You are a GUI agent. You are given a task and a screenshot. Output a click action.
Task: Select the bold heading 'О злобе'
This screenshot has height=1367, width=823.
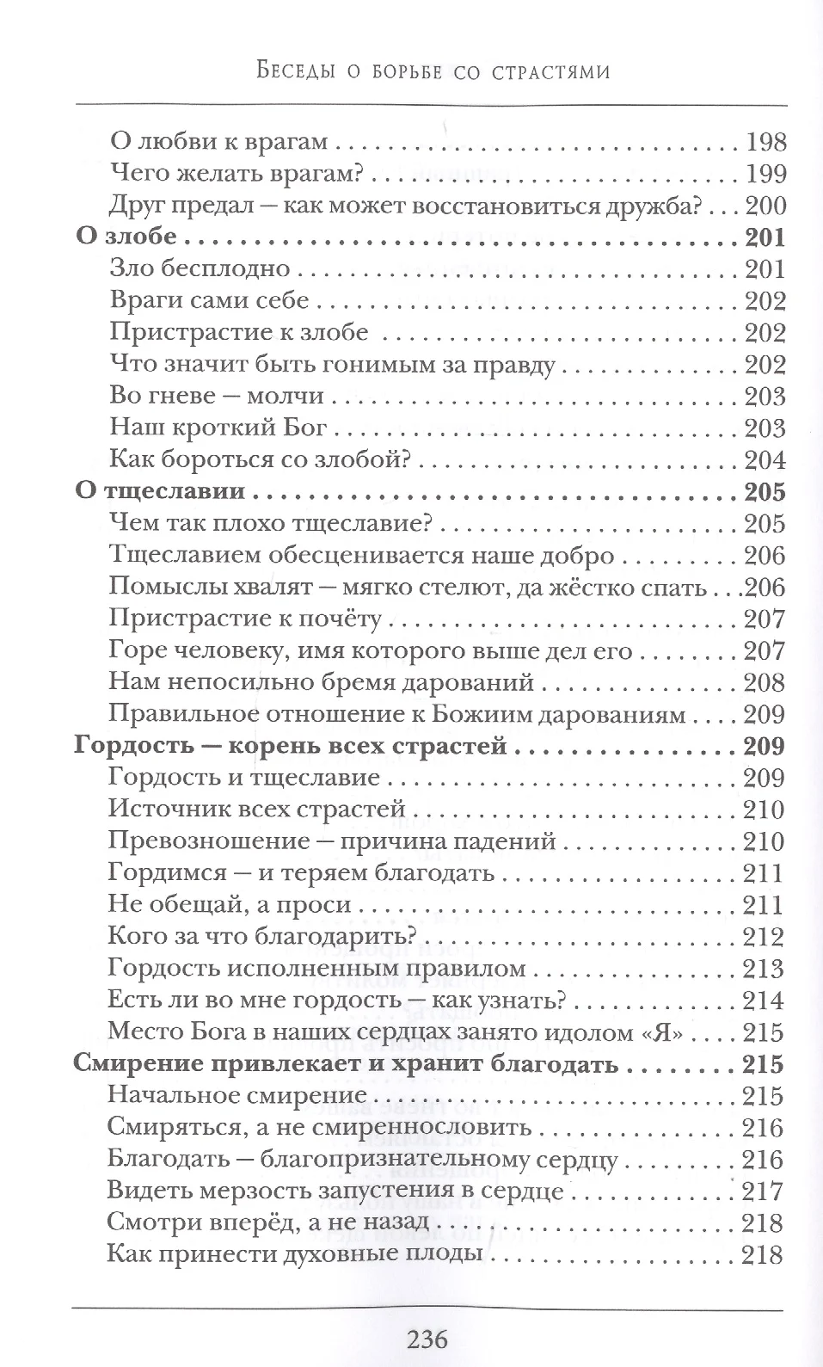pyautogui.click(x=126, y=237)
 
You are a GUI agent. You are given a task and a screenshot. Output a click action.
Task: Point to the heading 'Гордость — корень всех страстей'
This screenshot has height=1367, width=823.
pyautogui.click(x=291, y=746)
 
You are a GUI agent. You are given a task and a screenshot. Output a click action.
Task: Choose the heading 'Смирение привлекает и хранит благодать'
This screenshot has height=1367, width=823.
pyautogui.click(x=347, y=1064)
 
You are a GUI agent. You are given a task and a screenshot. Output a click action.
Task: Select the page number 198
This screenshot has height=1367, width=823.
pyautogui.click(x=764, y=142)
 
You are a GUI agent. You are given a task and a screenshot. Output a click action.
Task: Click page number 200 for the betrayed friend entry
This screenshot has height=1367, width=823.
pyautogui.click(x=764, y=206)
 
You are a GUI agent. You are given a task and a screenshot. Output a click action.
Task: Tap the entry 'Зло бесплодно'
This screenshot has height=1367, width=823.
pyautogui.click(x=201, y=269)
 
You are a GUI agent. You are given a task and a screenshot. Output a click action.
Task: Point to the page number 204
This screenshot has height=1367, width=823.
pyautogui.click(x=764, y=460)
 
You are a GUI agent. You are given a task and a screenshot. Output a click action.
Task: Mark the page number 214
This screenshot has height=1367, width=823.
pyautogui.click(x=764, y=1001)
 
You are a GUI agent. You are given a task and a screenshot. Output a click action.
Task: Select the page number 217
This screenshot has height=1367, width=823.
pyautogui.click(x=764, y=1192)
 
